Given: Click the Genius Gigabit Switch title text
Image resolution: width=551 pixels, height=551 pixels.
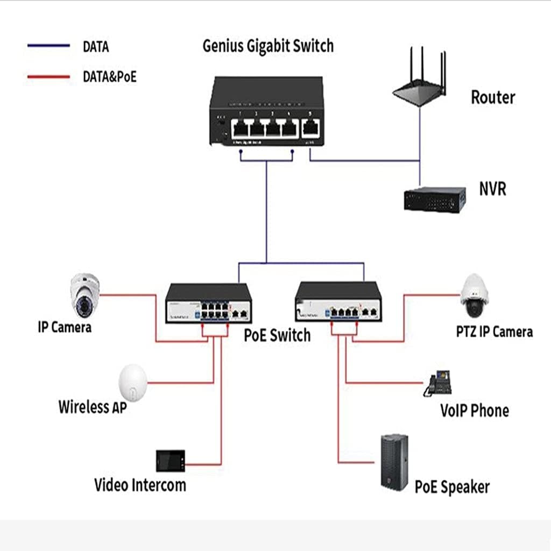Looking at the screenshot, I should pos(267,46).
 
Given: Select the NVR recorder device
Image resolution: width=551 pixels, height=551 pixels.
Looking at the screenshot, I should pos(435,197).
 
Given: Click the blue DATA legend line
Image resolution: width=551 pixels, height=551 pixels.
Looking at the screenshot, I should pos(48,46).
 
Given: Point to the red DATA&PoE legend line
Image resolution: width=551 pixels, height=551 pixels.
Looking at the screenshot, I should pos(48,77).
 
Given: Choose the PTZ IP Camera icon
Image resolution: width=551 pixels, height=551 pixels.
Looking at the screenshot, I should pos(475,296).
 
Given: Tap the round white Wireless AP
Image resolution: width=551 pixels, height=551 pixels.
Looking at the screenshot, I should pos(133,380).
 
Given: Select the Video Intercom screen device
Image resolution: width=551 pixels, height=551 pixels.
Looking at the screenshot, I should pos(171,461).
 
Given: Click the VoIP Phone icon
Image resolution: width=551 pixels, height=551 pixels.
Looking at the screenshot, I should pos(438,383).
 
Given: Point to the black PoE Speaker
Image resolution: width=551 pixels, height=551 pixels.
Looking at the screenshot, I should pos(394,462).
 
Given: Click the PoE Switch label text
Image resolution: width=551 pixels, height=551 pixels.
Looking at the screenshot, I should pos(277,335).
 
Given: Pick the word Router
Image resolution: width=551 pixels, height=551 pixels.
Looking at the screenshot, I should pos(493,97).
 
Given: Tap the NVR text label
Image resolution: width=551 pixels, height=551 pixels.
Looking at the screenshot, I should pos(492,189).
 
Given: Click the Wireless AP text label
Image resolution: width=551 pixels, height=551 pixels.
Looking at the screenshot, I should pos(93,406).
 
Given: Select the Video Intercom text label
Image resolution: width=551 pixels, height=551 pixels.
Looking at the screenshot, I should pos(140,485).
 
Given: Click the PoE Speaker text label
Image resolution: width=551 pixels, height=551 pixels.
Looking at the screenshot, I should pos(452,488).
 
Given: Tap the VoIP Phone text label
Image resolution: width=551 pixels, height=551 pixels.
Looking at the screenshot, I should pos(474,411).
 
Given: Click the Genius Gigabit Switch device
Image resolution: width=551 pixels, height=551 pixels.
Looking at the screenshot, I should pos(267,111).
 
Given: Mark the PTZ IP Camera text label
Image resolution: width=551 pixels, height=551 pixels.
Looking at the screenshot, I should pos(494,331).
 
